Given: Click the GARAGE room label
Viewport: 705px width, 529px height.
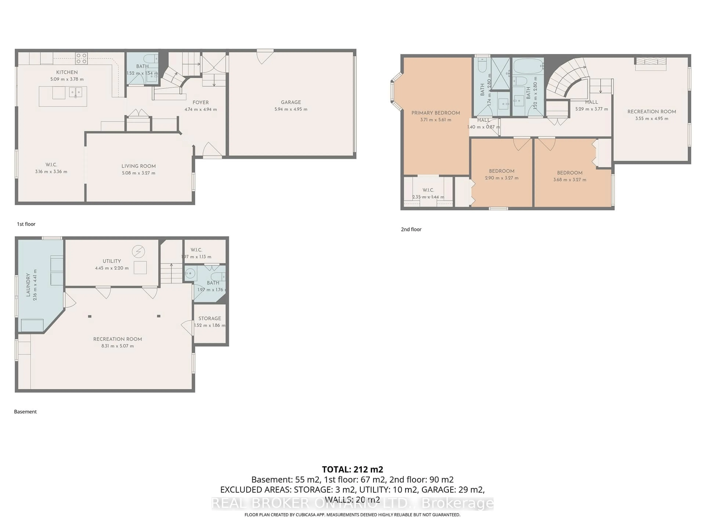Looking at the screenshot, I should click(291, 102).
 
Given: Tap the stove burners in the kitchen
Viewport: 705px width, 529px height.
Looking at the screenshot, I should click(81, 59).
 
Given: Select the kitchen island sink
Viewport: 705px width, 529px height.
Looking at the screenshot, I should click(76, 92).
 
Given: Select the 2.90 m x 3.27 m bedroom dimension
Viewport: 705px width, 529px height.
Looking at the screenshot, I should click(501, 178).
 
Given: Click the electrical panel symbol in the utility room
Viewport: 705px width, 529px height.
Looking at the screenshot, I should click(138, 252).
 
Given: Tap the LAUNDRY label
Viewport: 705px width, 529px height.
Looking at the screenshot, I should click(28, 285).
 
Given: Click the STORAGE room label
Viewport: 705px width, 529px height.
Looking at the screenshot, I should click(209, 319).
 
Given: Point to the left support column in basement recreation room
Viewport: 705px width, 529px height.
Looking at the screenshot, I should click(90, 316).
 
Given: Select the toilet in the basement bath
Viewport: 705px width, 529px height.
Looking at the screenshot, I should click(219, 277).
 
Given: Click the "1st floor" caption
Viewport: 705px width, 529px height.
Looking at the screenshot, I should click(26, 224).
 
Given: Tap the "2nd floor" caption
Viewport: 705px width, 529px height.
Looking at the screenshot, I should click(411, 229).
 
